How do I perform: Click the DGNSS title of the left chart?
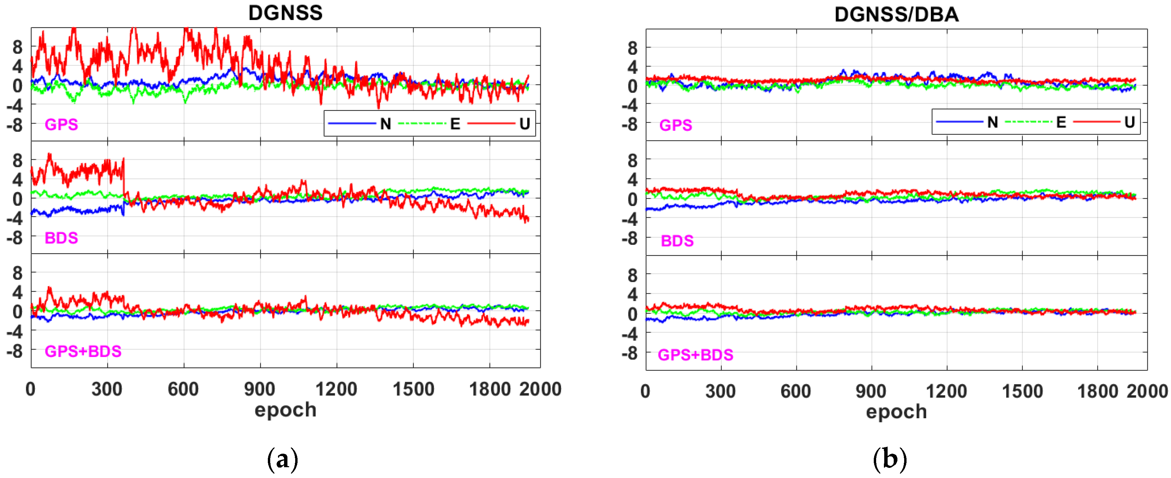coord(285,13)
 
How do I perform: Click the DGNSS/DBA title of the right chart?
coord(896,15)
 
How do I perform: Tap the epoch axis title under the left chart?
coord(285,410)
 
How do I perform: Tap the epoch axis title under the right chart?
coord(896,411)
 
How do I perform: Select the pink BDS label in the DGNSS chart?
coord(61,238)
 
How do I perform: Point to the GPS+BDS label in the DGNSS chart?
coord(83,351)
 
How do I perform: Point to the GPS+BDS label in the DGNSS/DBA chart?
coord(695,355)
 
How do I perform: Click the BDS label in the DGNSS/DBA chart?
coord(677,241)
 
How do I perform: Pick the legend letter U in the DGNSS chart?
coord(525,124)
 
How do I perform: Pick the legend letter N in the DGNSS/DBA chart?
coord(992,122)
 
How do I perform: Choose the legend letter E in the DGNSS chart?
coord(455,124)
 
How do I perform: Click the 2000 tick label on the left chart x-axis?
coord(540,390)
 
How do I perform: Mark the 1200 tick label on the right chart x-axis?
coord(946,391)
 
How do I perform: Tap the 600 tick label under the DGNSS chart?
coord(183,390)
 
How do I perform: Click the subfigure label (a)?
coord(283,460)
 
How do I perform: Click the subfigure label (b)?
coord(890,460)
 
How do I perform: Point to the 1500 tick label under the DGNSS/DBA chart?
coord(1022,391)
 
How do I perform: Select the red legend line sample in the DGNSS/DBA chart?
coord(1096,122)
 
